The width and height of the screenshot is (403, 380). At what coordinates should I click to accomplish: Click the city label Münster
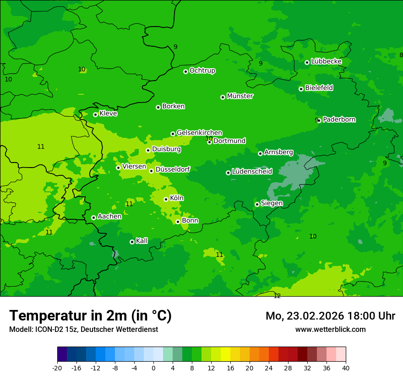coord(240,96)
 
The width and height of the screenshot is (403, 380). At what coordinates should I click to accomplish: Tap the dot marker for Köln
coord(166,199)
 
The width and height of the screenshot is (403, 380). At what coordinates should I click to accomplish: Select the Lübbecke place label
coord(326,61)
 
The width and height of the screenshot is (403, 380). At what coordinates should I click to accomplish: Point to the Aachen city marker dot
coord(93,217)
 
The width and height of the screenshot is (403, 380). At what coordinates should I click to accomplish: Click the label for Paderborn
coord(339,119)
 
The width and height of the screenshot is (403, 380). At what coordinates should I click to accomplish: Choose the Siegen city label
coord(272,203)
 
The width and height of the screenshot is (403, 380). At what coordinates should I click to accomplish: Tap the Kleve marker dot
coord(95,114)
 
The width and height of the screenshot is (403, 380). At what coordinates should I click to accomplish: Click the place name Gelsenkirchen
coord(199,133)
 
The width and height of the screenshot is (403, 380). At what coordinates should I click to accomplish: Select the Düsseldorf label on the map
coord(173,169)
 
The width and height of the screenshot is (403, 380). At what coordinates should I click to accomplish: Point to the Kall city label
coord(142,241)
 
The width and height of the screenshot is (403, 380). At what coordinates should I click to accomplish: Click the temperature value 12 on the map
coord(277,296)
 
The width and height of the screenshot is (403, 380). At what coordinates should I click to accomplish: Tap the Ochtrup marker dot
coord(185,71)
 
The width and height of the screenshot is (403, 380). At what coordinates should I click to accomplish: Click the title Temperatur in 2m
coord(90,316)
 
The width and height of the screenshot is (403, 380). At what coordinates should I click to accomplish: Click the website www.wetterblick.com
coord(330,329)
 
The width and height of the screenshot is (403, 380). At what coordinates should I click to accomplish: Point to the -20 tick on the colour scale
coord(57,368)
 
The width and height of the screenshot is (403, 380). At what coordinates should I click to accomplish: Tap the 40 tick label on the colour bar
coord(346,368)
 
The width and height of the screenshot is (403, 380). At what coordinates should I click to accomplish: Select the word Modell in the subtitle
coord(20,329)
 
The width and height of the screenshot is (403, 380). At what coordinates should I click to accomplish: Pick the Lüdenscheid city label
coord(252,172)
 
